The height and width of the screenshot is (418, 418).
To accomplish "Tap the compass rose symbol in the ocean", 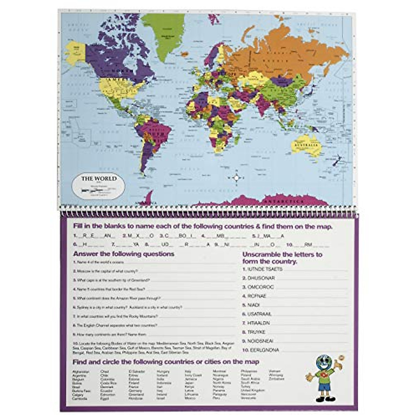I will click(237, 178).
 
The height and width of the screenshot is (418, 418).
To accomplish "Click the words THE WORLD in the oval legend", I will click(99, 179).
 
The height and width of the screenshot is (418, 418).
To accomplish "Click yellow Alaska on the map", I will click(76, 52).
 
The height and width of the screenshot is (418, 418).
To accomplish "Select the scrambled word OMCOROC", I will click(261, 287).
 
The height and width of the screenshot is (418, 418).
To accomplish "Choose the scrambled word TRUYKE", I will click(256, 332).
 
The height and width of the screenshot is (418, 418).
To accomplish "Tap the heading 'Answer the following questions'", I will click(124, 254).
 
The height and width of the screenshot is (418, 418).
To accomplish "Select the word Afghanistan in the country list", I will click(81, 372).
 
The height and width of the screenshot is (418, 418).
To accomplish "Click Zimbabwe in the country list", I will click(277, 379).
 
